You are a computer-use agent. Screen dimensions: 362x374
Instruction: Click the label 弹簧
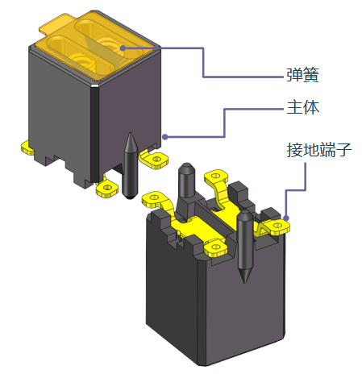coord(302,75)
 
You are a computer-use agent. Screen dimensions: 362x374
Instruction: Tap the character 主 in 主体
coord(294,107)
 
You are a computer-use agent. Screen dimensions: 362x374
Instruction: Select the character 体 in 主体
coord(311,107)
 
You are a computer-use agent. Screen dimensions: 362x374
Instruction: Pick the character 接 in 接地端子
coord(294,150)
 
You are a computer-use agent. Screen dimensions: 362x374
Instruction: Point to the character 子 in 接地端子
coord(343,150)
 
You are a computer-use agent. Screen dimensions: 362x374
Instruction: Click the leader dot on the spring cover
coord(123,48)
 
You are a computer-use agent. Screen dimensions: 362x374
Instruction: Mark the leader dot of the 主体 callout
coord(165,137)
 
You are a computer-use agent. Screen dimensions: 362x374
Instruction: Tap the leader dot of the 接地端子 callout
coord(286,218)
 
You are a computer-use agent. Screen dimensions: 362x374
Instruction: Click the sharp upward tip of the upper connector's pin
coord(131,133)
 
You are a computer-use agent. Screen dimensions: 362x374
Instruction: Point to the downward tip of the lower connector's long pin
coord(244,282)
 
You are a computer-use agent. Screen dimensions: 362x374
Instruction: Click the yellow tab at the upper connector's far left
coord(27,148)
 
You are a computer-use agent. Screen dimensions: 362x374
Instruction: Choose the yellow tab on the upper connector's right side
coord(155,159)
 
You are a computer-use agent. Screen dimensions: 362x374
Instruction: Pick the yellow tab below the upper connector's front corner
coord(107,188)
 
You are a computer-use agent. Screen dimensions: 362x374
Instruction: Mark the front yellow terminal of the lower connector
coord(215,247)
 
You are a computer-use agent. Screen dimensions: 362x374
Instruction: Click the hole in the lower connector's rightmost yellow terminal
coord(277,225)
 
